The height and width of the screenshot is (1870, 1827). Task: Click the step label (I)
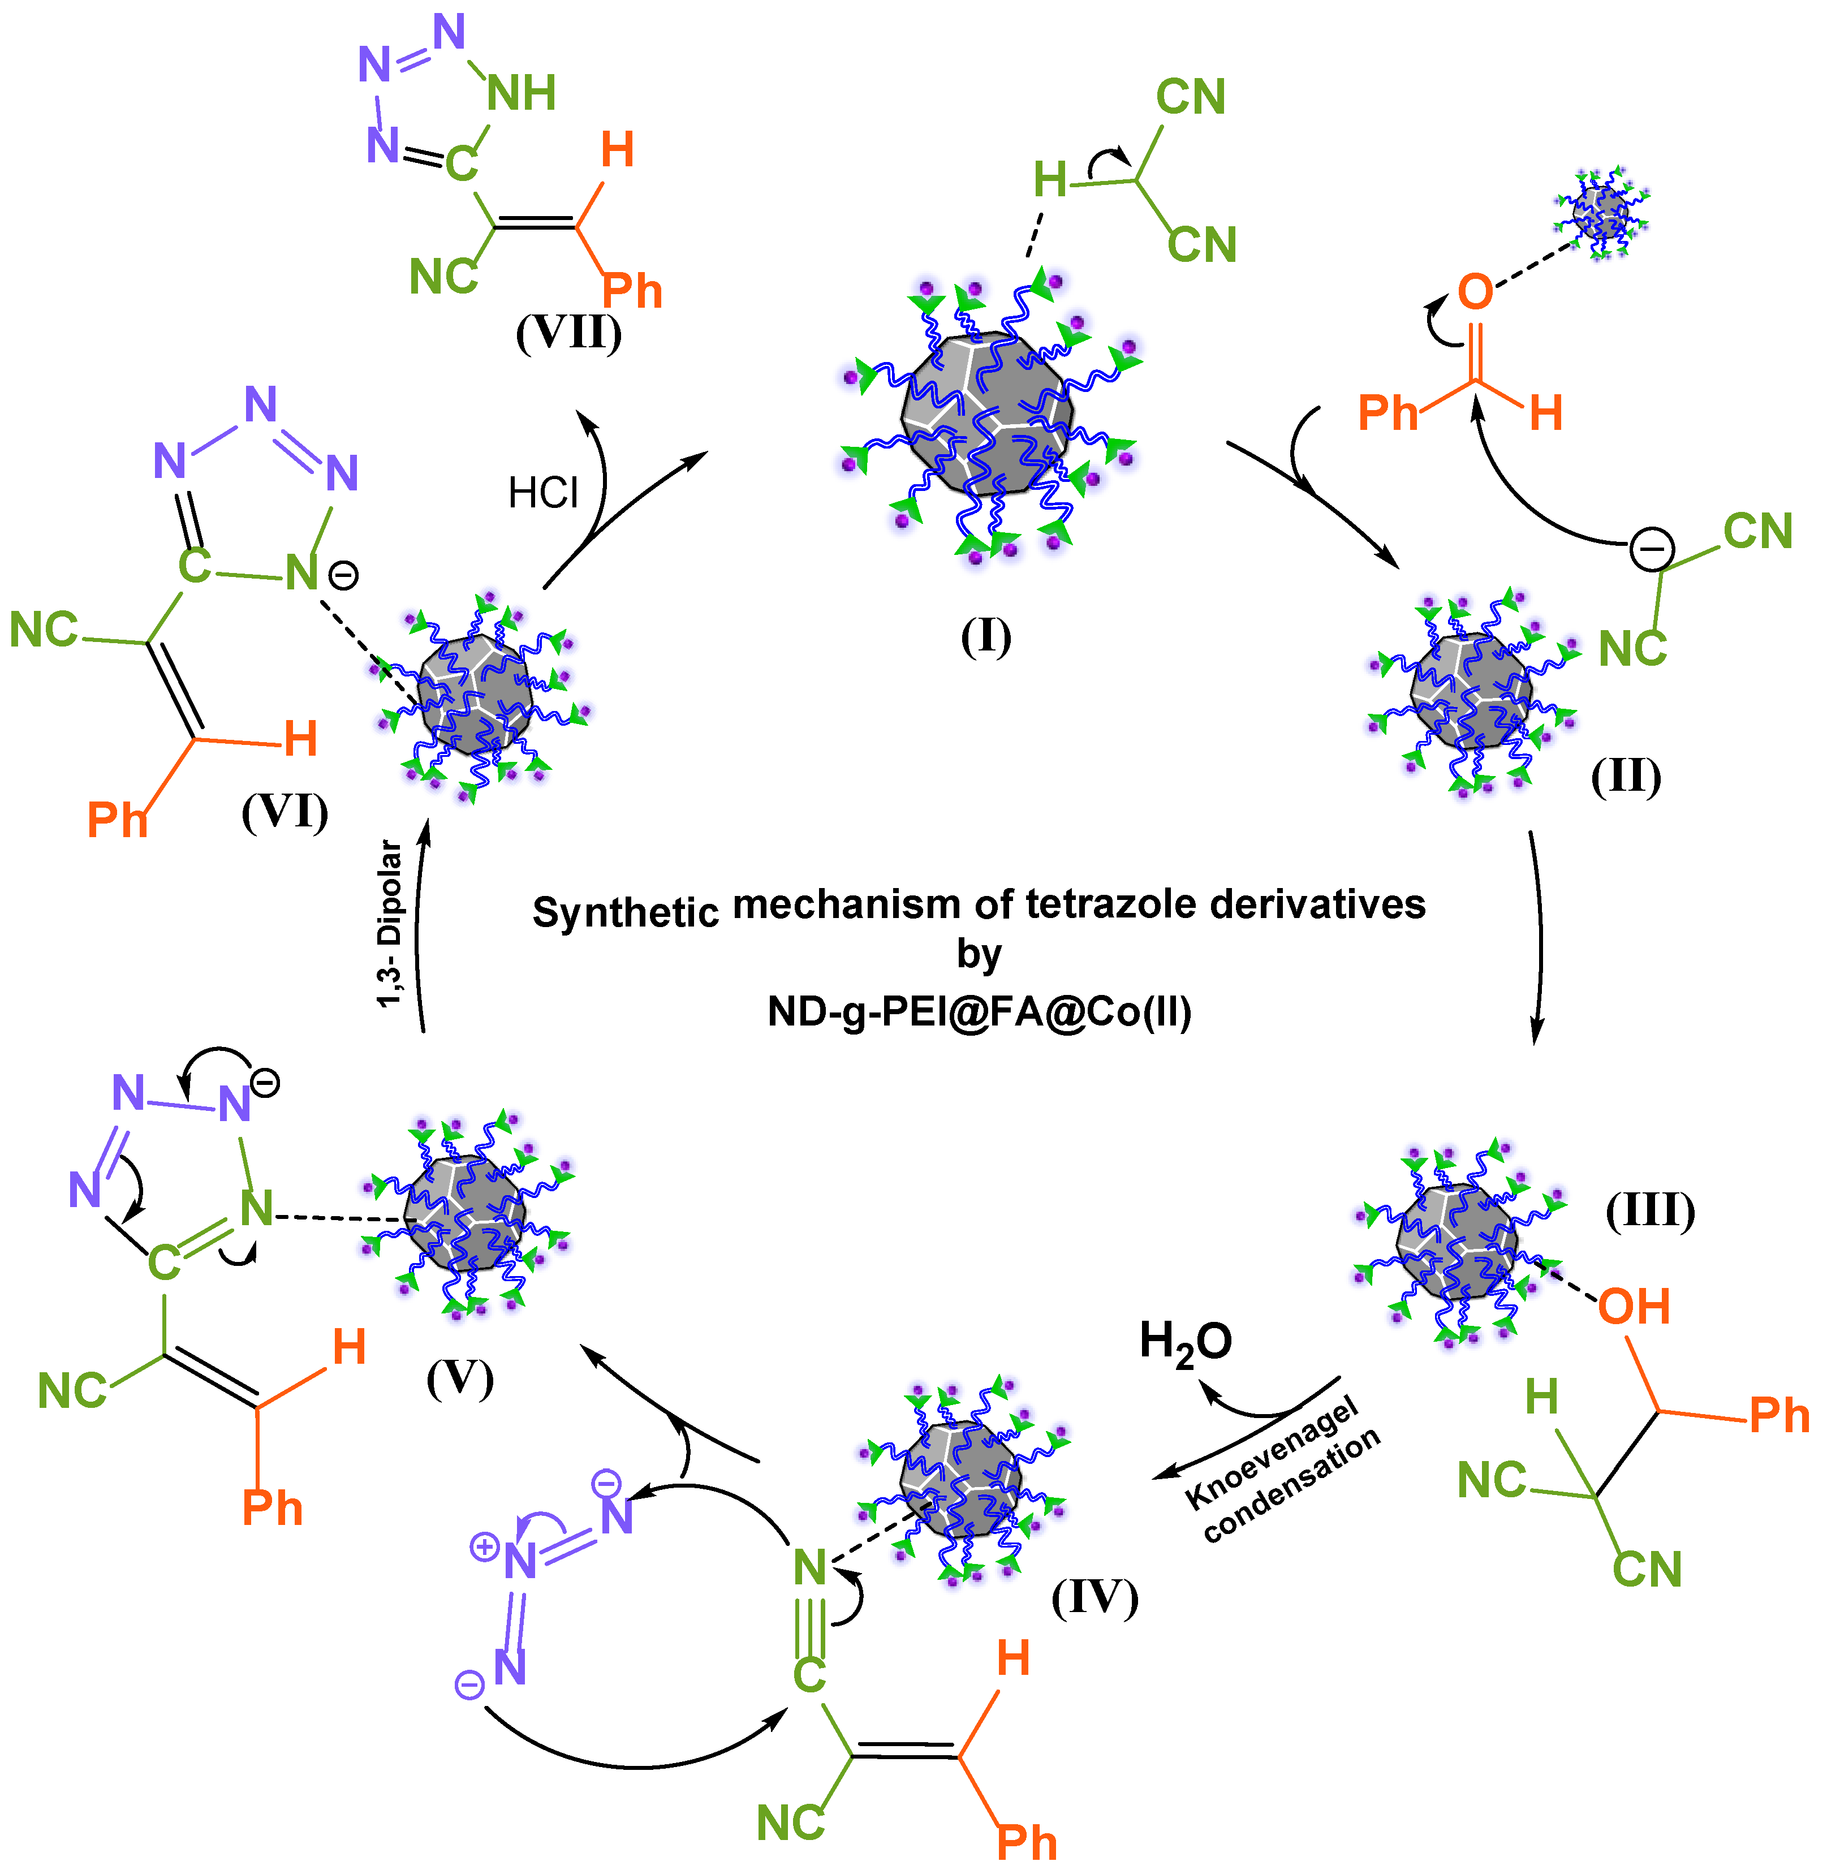pos(985,637)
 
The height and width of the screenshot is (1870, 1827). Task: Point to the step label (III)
pos(1651,1211)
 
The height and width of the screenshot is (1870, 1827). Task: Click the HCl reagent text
pos(543,494)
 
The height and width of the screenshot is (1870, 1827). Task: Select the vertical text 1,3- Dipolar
pos(390,923)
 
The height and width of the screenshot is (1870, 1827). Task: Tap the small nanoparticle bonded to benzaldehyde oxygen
pos(1600,213)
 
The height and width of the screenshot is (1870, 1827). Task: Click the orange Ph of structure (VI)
pos(117,820)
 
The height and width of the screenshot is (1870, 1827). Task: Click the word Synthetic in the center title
pos(626,911)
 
